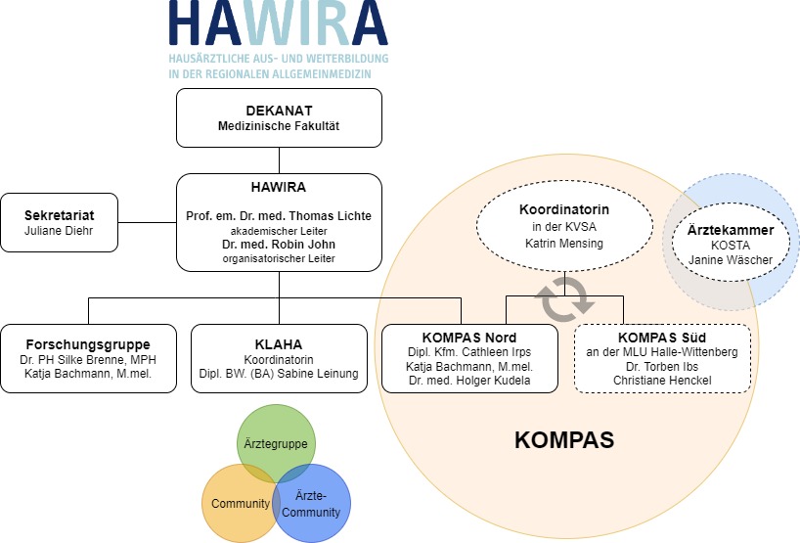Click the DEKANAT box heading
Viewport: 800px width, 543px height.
tap(279, 111)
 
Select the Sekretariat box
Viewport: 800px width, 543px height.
tap(60, 222)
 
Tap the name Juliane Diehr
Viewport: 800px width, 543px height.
tap(59, 231)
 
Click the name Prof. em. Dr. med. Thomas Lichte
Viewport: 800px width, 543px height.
tap(279, 216)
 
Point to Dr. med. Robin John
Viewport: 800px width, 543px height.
tap(279, 245)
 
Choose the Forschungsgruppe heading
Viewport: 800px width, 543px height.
tap(88, 344)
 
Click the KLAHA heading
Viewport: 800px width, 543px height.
tap(279, 344)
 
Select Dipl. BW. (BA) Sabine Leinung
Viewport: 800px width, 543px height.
tap(279, 374)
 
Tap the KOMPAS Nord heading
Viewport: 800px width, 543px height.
tap(469, 338)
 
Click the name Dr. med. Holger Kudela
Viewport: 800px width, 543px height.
tap(469, 381)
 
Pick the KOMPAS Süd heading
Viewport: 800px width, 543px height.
tap(662, 338)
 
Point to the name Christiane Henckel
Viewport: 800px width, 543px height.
tap(662, 381)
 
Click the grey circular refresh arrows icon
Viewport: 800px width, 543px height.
tap(564, 300)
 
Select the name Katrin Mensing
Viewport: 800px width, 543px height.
tap(564, 244)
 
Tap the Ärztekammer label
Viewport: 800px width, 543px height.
tap(731, 230)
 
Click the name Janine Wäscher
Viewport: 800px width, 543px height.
tap(731, 260)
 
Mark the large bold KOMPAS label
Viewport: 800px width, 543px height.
tap(564, 440)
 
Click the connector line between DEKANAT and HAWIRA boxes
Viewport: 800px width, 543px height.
tap(279, 160)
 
